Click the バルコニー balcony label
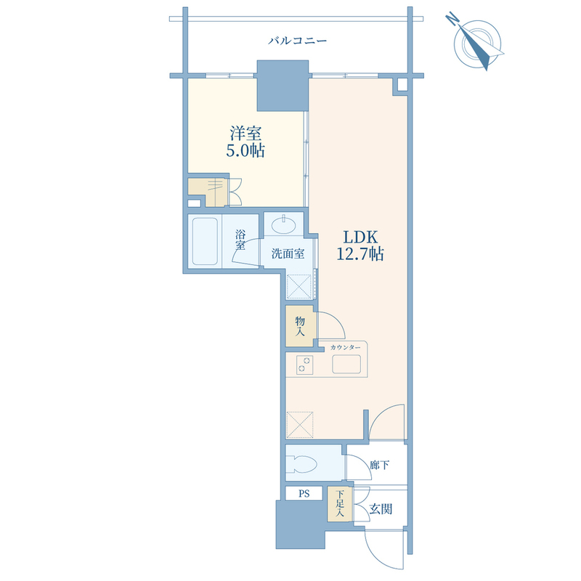pos(297,41)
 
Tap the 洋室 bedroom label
pos(245,134)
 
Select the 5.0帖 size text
pos(245,150)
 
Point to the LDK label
pos(359,237)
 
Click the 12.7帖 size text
pos(359,253)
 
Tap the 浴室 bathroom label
pos(240,240)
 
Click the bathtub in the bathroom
pos(205,241)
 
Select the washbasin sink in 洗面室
pos(283,224)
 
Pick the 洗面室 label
pos(288,253)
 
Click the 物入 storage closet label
pos(300,326)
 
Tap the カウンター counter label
pos(345,347)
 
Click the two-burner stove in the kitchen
pos(304,365)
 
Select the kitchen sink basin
pos(346,365)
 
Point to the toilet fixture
pos(301,463)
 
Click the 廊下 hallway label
pos(379,465)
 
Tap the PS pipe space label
pos(304,494)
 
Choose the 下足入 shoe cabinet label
pos(340,503)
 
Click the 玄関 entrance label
pos(381,509)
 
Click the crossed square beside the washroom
pos(299,286)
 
